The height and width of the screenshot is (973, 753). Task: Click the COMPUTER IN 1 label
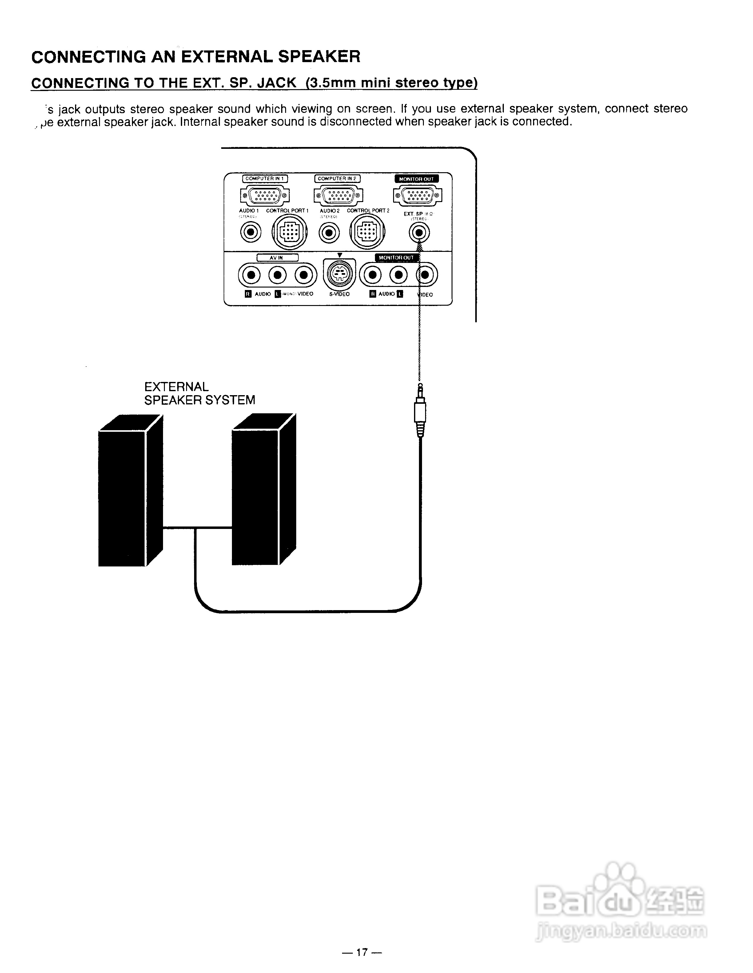point(265,179)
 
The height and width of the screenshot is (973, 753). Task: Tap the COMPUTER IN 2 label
point(337,179)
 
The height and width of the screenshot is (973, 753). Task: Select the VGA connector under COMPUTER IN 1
point(265,195)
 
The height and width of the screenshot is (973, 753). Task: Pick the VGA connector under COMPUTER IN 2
point(338,195)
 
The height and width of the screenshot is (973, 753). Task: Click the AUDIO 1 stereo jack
point(250,232)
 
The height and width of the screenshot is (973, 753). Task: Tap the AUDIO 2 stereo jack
point(329,232)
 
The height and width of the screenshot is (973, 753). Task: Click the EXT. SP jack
point(419,232)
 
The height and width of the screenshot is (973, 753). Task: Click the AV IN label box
point(277,257)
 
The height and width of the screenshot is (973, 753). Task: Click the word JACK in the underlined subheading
point(276,83)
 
